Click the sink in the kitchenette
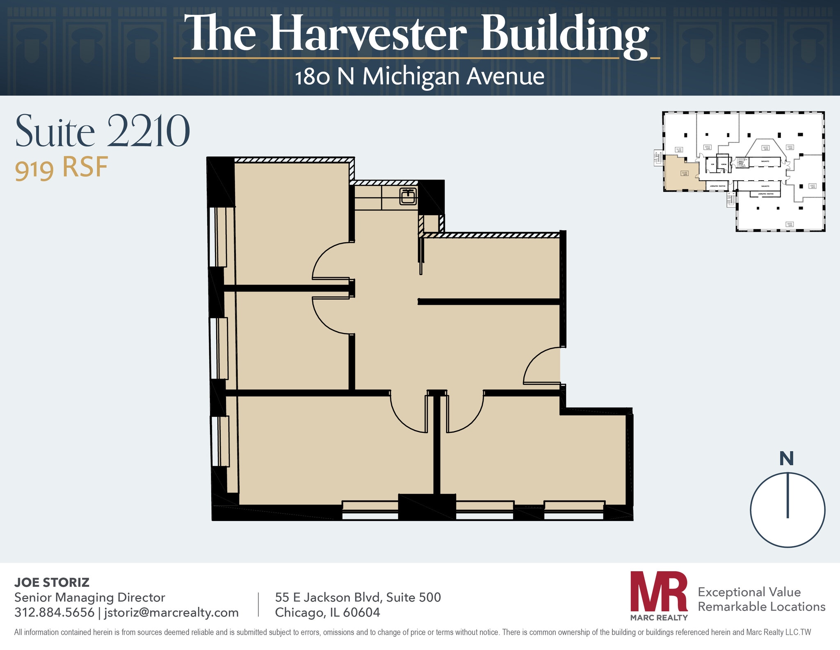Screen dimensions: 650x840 pos(408,197)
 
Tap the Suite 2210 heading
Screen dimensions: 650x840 pos(103,131)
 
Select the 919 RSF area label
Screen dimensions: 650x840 pos(62,168)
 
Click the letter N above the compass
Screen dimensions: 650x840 pos(787,459)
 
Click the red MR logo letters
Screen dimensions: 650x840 pos(659,591)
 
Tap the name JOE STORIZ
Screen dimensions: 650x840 pos(52,582)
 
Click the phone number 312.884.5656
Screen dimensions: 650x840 pos(54,612)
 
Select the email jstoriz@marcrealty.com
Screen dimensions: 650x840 pos(171,612)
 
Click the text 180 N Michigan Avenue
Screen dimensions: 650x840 pos(420,77)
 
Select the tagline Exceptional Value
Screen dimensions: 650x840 pos(749,592)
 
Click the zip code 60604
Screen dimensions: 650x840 pos(362,612)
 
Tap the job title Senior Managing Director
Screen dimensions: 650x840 pos(90,597)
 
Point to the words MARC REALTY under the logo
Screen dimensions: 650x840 pos(659,618)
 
